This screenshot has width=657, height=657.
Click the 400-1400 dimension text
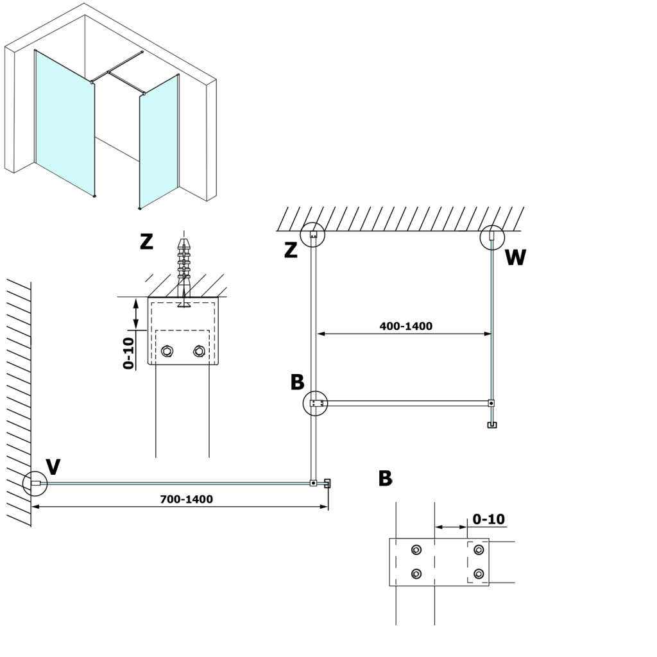[x=405, y=326]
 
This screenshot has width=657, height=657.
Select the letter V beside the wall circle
[x=53, y=466]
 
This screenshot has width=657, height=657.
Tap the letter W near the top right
[x=515, y=258]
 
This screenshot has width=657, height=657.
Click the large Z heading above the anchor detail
[x=147, y=242]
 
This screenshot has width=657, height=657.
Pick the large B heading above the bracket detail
[x=385, y=478]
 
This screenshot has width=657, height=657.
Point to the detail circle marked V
[x=35, y=483]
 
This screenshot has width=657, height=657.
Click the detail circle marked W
[x=492, y=236]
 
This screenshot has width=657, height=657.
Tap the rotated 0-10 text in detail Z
[x=128, y=353]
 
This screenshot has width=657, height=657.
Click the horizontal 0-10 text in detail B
[x=488, y=518]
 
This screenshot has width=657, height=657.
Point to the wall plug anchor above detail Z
[x=184, y=266]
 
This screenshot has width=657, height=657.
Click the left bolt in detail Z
[x=167, y=351]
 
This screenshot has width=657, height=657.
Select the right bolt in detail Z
[x=199, y=351]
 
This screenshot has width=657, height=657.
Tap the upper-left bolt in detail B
[x=417, y=550]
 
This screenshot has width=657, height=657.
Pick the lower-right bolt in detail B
[x=478, y=573]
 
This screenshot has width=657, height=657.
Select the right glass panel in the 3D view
[x=158, y=141]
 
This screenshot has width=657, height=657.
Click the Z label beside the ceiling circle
[x=291, y=251]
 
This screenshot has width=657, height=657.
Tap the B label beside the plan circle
[x=297, y=382]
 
